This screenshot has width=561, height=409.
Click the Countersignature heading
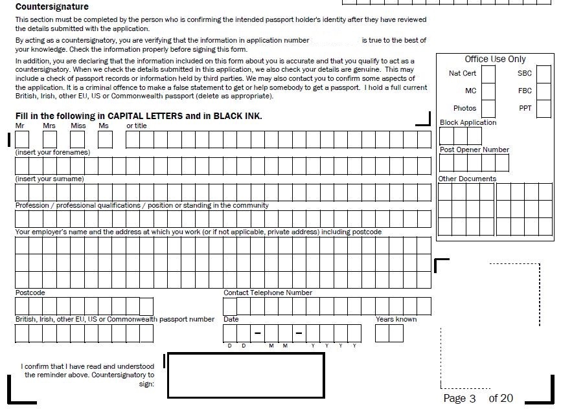coord(52,7)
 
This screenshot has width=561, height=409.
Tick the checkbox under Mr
coord(22,139)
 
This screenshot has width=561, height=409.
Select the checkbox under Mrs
coord(50,139)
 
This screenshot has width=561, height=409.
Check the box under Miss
coord(78,139)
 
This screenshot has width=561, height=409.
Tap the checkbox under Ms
coord(106,139)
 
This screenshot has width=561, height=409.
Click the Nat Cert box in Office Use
coord(488,74)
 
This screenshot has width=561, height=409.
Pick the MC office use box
coord(488,91)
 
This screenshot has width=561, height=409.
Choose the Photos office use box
coord(488,109)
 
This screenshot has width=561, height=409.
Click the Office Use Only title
coord(495,59)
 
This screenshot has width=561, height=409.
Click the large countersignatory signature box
coord(245,375)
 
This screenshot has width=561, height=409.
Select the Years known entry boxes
coord(389,333)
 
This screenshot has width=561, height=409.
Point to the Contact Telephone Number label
coord(268,293)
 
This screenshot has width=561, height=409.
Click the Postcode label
coord(30,293)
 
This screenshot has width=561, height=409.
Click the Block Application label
coord(468,122)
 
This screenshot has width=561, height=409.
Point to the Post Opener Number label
coord(474,149)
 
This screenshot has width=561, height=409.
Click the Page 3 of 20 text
coord(478,398)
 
